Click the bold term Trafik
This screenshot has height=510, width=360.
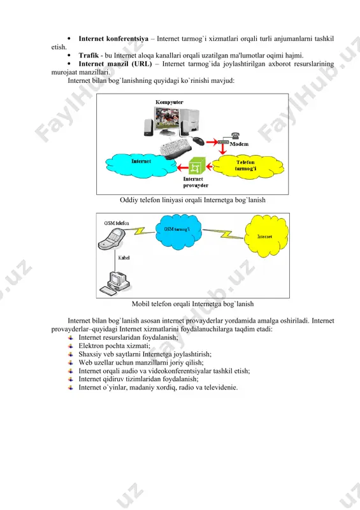click(89, 55)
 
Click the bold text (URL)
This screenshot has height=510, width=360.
click(141, 64)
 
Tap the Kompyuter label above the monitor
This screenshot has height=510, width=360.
click(169, 102)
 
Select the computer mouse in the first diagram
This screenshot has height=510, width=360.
click(198, 140)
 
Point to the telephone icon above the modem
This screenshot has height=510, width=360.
click(235, 136)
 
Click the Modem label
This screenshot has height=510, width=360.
click(239, 144)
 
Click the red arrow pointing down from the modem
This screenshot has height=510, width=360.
click(223, 149)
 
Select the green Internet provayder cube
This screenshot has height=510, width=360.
click(197, 166)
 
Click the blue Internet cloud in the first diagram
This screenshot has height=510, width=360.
click(141, 165)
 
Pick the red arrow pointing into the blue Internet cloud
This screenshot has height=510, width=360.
click(183, 168)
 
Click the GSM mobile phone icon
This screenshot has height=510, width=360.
click(112, 238)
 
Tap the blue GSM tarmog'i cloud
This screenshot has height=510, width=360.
click(178, 231)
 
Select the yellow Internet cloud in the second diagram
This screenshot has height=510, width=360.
click(266, 236)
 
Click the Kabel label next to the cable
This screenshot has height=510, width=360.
click(124, 258)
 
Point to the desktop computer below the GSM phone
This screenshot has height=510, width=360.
click(115, 284)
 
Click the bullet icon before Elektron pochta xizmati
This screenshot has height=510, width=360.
click(71, 346)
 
